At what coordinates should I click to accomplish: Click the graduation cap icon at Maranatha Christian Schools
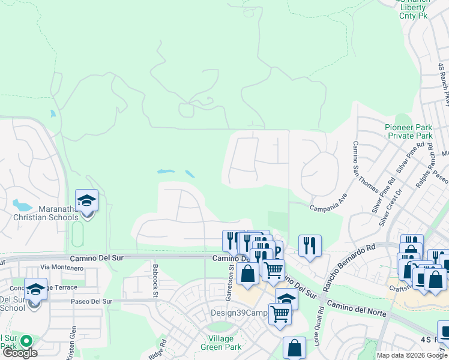coord(86,200)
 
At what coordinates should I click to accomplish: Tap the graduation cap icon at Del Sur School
coord(35,289)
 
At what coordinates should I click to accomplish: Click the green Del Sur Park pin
coord(26,341)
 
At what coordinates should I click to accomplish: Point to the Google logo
coord(20,353)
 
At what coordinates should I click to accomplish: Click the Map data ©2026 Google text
coord(412,355)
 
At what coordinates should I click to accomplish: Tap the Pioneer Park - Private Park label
coord(408,132)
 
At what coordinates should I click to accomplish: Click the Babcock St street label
coord(155,281)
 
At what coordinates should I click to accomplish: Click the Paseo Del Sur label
coord(90,301)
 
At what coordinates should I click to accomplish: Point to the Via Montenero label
coord(62,266)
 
